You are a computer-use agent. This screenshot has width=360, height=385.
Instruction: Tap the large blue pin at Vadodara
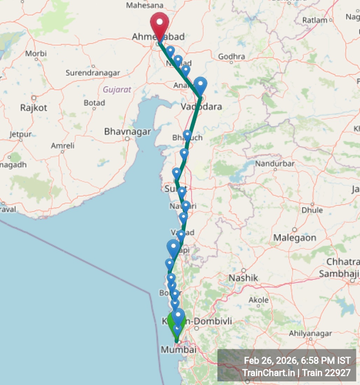click(201, 85)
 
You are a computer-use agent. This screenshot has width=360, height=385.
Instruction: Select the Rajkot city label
click(34, 107)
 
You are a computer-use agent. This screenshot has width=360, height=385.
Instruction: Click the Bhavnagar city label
click(127, 132)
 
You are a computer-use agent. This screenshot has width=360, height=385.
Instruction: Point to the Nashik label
click(243, 278)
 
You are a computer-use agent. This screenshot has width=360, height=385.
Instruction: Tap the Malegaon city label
click(295, 238)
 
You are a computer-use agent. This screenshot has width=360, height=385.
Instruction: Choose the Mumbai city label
click(178, 349)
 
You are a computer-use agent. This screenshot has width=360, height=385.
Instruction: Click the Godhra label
click(231, 56)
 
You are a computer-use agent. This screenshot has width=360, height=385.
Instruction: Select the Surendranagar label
click(93, 73)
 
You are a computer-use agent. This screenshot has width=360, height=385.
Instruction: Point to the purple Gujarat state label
click(117, 90)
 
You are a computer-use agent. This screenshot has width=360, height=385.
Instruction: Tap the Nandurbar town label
click(275, 163)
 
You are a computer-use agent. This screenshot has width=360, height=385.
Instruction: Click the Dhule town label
click(312, 210)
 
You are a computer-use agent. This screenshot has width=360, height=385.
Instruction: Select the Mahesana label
click(145, 5)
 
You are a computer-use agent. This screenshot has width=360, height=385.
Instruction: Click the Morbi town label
click(36, 54)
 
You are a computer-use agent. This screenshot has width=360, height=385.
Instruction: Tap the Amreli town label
click(63, 146)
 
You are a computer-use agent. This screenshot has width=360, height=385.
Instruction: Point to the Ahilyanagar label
click(310, 333)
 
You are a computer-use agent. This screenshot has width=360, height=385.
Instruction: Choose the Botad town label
click(94, 103)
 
